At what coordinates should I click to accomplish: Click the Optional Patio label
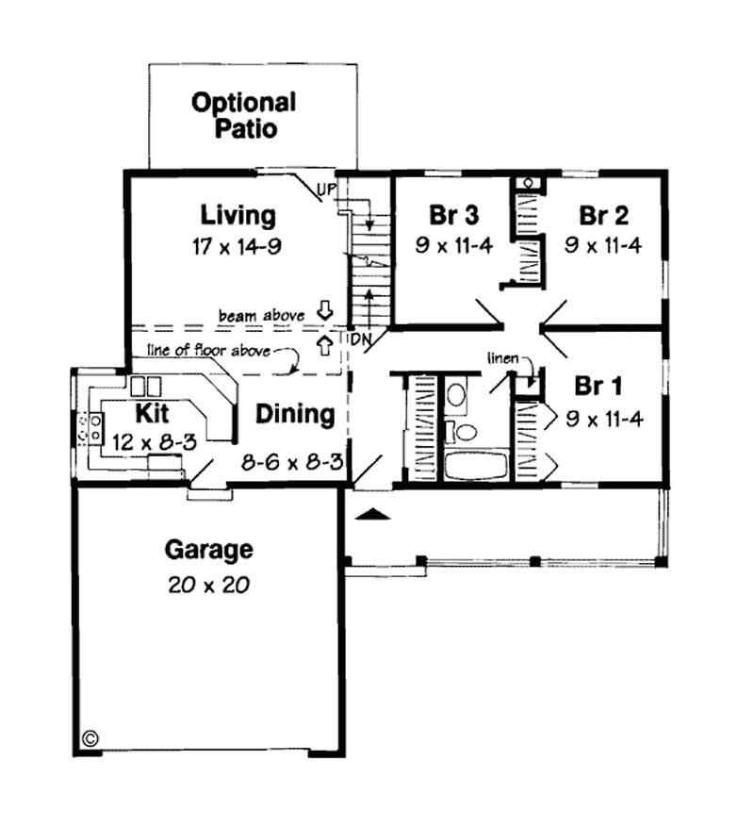(243, 115)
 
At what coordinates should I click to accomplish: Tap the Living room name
(243, 215)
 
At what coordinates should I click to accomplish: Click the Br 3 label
(453, 215)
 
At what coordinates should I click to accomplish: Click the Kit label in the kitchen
(153, 413)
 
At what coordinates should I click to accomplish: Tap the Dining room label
(295, 414)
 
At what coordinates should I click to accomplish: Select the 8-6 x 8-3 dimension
(289, 462)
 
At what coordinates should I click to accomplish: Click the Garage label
(208, 548)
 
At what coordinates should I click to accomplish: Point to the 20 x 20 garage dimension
(208, 585)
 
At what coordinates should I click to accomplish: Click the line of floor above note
(207, 351)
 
